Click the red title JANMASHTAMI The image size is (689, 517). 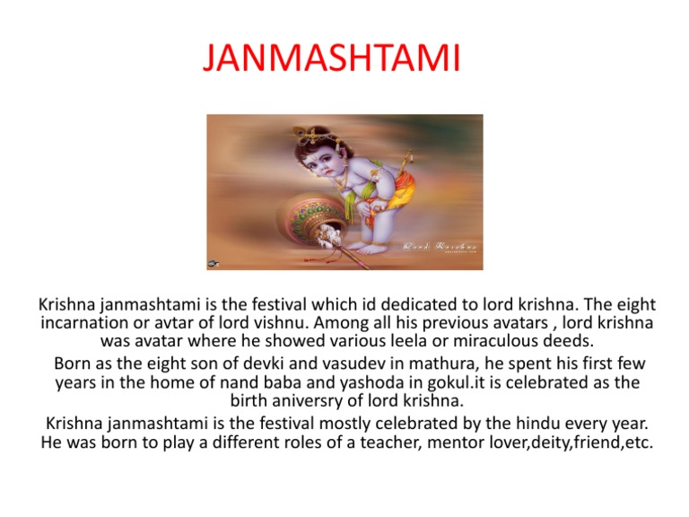[x=331, y=59]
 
